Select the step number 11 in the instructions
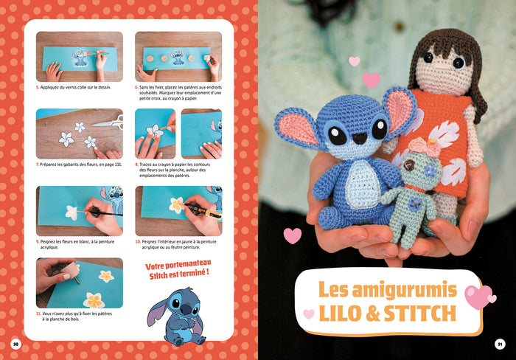point(39,313)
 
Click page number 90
point(15,344)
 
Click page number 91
point(500,344)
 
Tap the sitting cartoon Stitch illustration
point(175,316)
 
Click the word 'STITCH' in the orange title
point(419,313)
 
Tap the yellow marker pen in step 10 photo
point(203,212)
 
